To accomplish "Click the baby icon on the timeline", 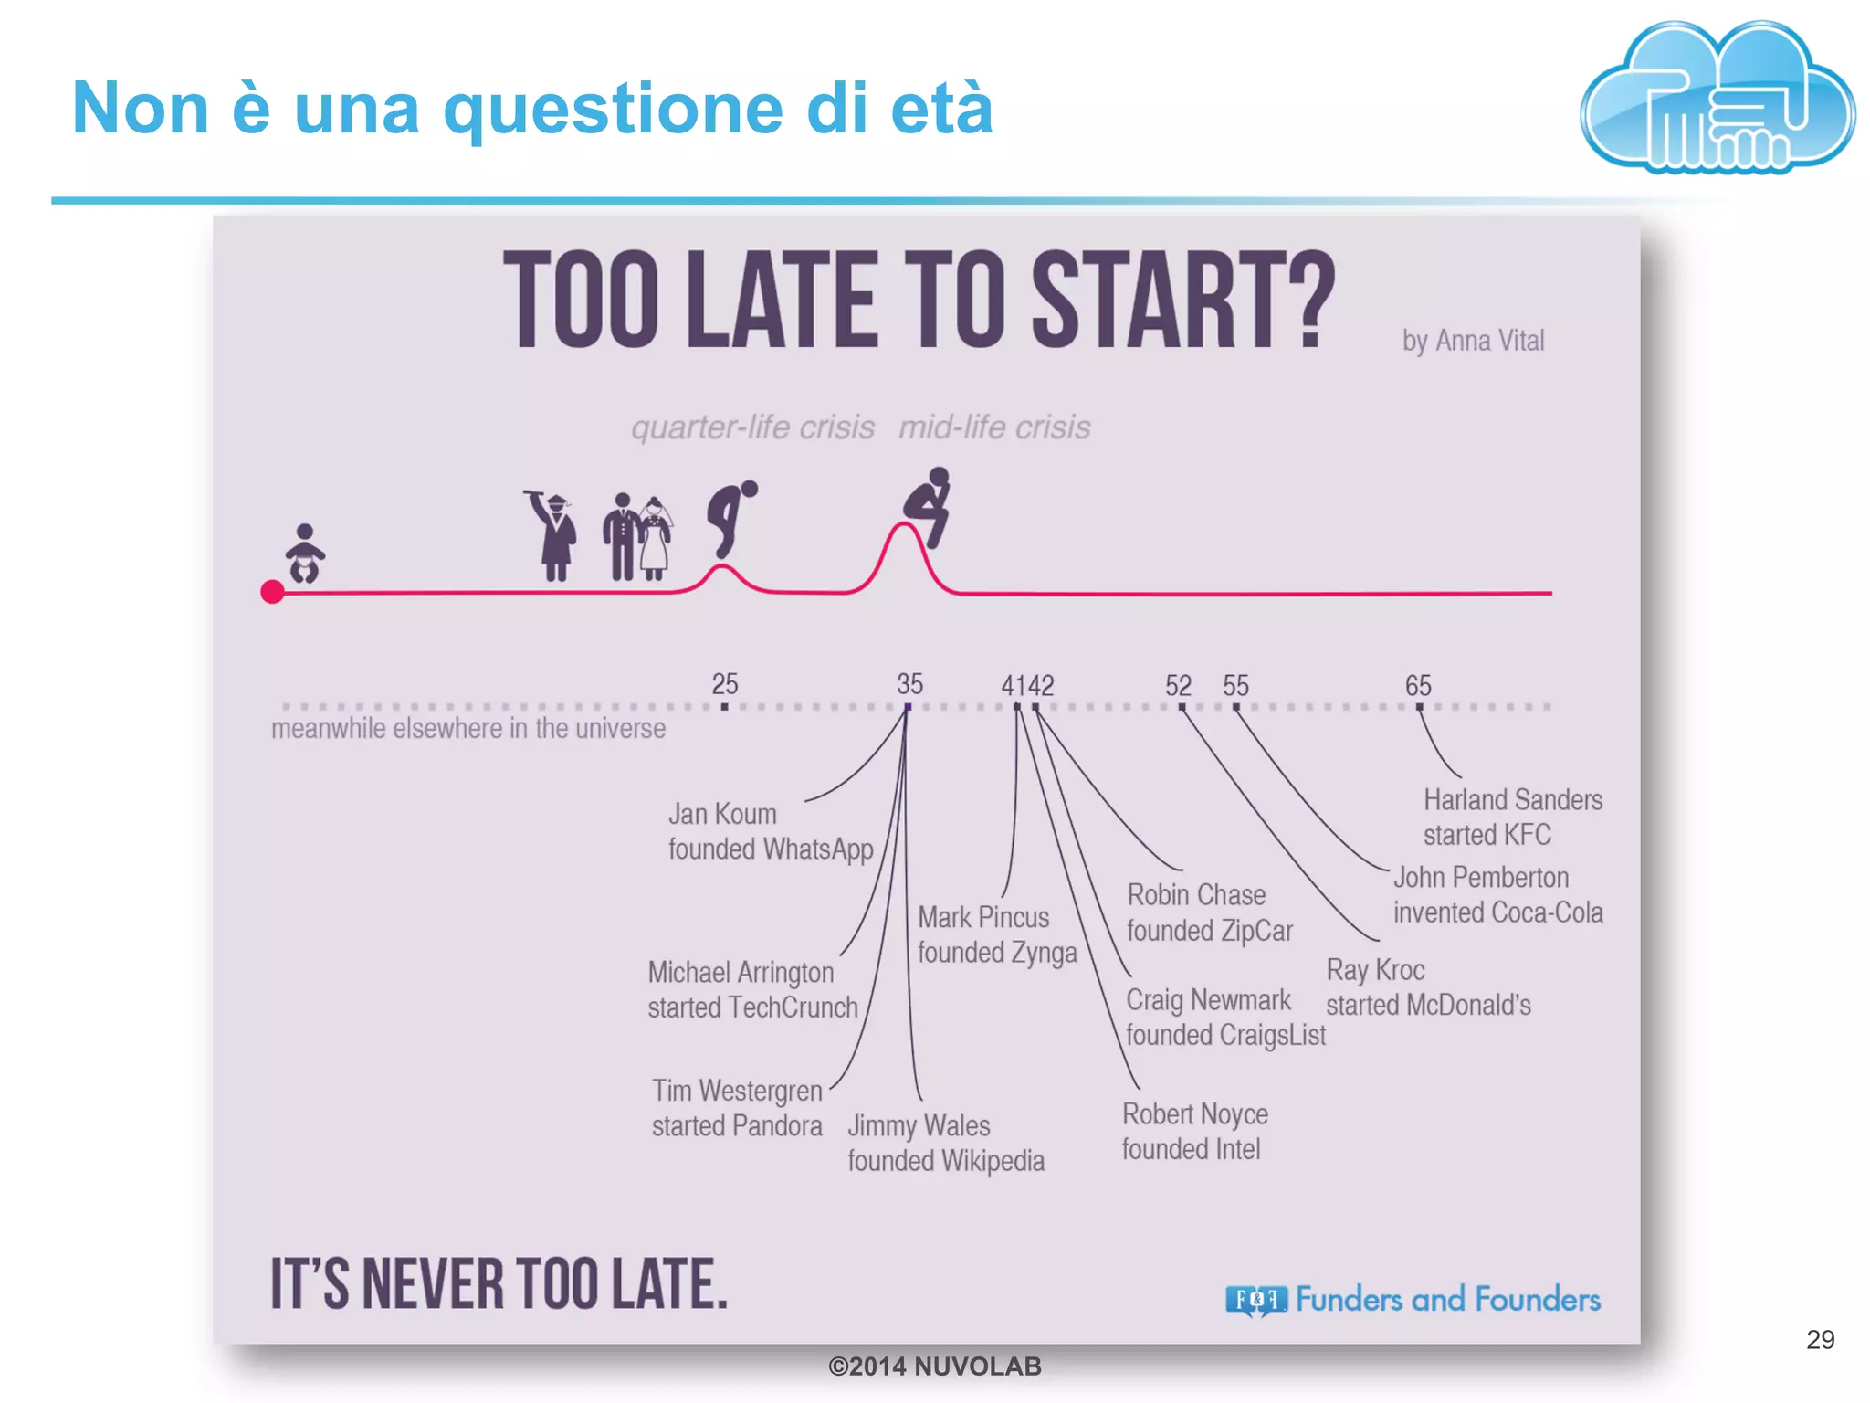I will point(304,554).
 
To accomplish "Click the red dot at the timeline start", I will point(272,592).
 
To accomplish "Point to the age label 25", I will point(724,684).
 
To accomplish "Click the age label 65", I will point(1418,685).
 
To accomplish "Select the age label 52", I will point(1178,685).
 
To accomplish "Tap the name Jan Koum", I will point(722,814).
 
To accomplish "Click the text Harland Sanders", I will point(1512,800).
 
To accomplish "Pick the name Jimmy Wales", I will point(919,1125).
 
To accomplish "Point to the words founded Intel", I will point(1191,1149).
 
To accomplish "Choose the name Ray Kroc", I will point(1375,970).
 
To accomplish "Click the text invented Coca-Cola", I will point(1497,912).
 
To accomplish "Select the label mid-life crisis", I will point(994,427).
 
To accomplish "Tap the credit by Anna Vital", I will point(1473,341).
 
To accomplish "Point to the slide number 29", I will point(1820,1339).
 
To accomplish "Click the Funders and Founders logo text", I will point(1447,1299).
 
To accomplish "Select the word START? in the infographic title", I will point(1183,301).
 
